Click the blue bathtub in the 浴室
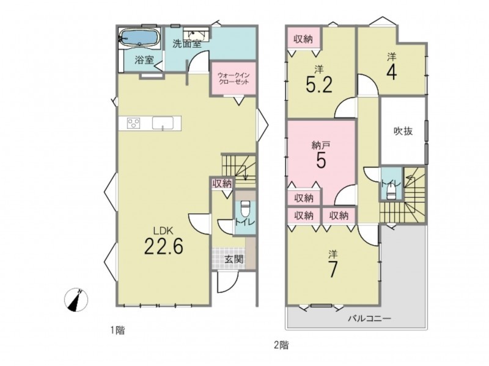point(139,38)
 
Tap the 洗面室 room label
point(187,44)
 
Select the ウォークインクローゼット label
point(233,79)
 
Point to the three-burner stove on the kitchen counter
point(134,123)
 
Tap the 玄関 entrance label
point(234,259)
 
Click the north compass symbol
point(76,300)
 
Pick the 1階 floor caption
point(117,330)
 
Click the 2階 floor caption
point(281,345)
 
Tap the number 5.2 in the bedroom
point(319,85)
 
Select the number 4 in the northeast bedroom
point(391,72)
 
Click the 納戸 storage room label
point(321,145)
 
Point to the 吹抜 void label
point(403,131)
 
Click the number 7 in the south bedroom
point(333,270)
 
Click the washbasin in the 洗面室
point(196,34)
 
